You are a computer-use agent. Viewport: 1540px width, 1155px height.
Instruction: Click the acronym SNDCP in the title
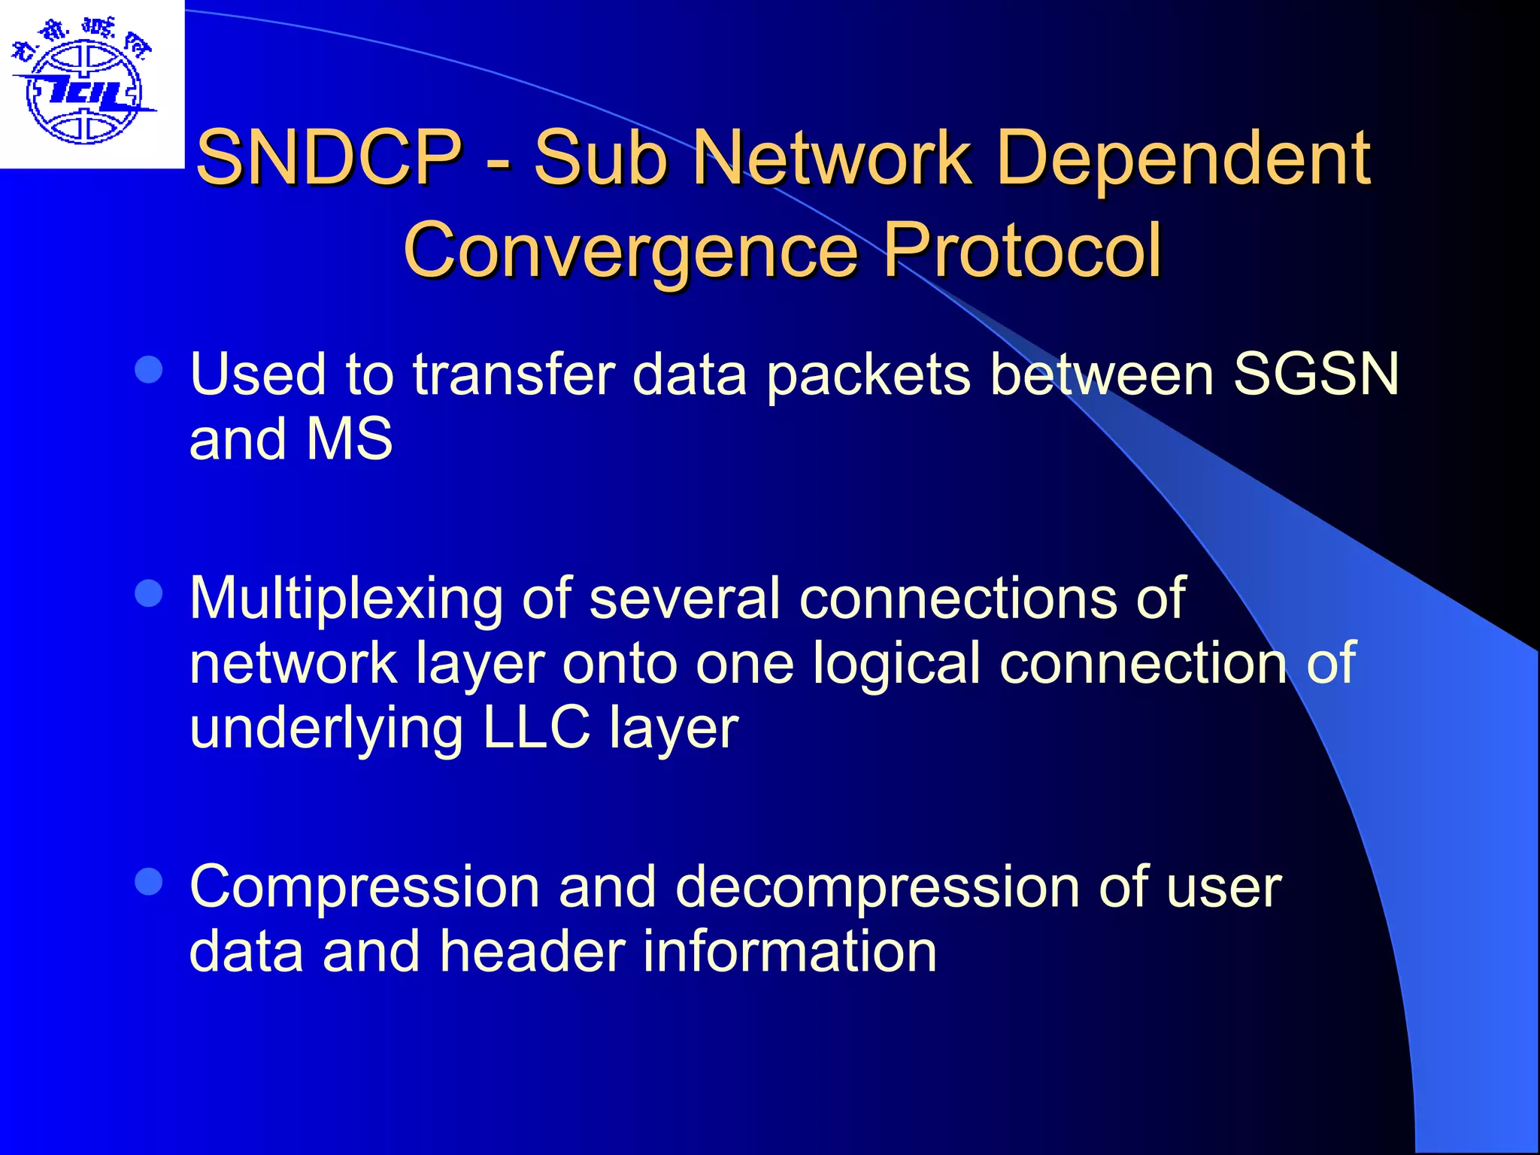pos(328,157)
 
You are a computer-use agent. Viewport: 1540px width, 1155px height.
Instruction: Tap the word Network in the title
pos(830,157)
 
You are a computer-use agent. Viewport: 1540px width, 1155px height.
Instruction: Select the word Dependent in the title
pos(1183,157)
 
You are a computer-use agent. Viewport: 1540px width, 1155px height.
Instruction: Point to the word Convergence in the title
pos(630,250)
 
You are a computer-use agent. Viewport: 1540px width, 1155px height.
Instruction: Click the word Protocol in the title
pos(1022,249)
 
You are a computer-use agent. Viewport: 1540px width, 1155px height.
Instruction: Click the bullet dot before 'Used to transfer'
pos(149,370)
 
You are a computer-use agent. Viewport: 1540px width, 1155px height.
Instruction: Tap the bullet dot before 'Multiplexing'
pos(149,593)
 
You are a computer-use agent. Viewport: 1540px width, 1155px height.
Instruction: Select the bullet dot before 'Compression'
pos(149,882)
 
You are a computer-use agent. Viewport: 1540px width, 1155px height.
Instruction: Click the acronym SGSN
pos(1316,374)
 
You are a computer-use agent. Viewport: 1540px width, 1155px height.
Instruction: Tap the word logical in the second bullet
pos(896,665)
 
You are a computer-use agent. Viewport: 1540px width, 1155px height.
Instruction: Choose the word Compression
pos(365,887)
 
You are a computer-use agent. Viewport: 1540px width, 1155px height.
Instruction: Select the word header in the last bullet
pos(532,951)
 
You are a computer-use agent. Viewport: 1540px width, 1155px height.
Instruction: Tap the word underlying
pos(326,729)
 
